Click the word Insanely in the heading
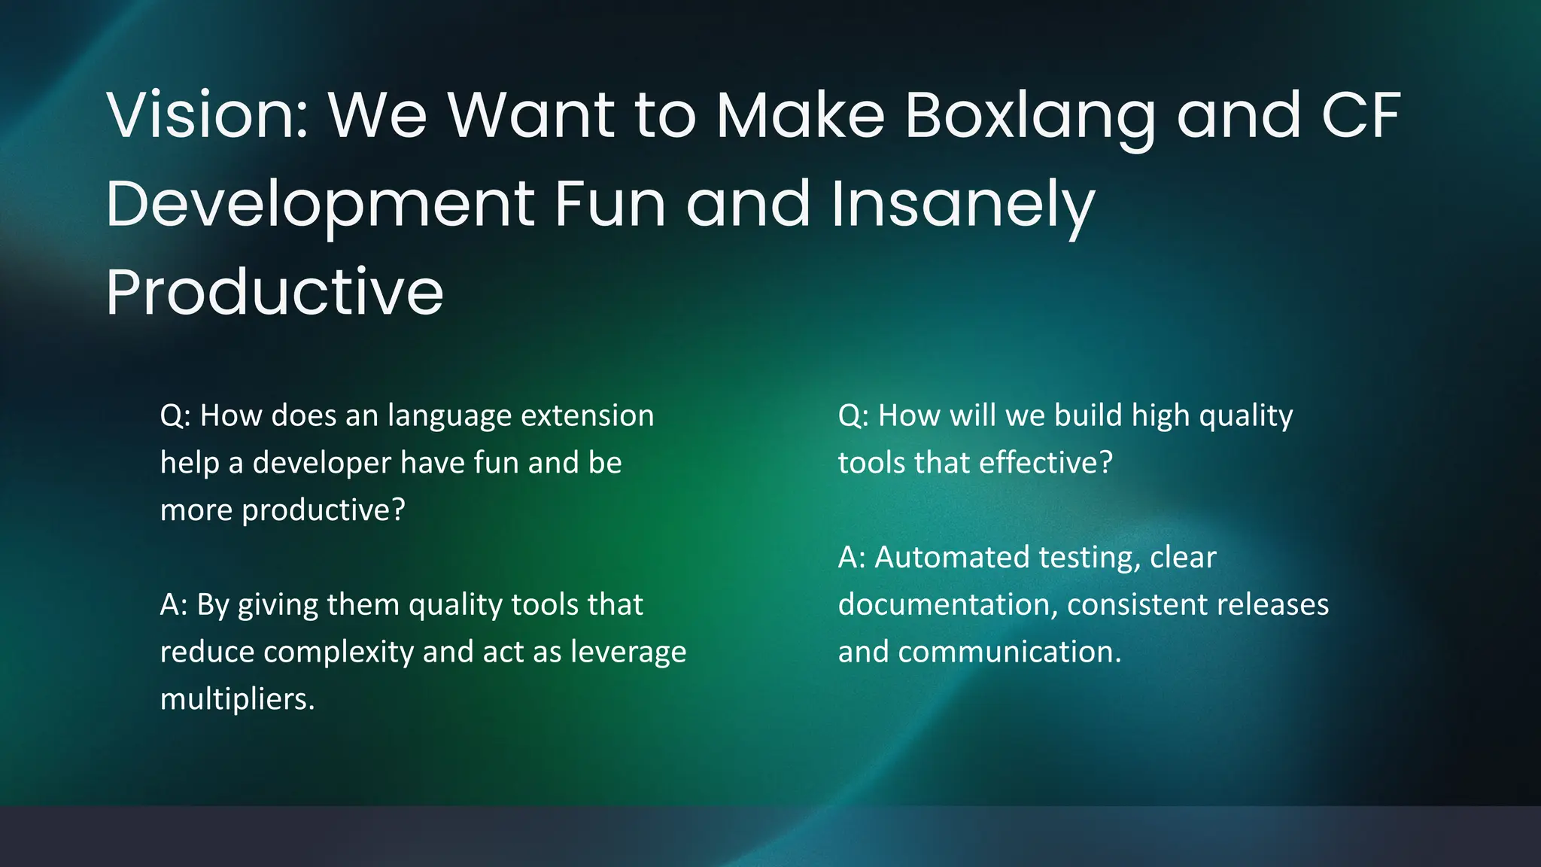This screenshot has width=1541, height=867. pos(963,205)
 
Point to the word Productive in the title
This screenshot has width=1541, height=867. pos(275,292)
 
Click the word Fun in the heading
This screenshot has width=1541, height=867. pos(610,205)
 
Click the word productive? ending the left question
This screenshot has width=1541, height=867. pos(323,510)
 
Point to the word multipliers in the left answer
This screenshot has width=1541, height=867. pos(237,699)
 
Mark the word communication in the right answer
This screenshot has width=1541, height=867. pos(1008,652)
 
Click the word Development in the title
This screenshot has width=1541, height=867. pos(320,205)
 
